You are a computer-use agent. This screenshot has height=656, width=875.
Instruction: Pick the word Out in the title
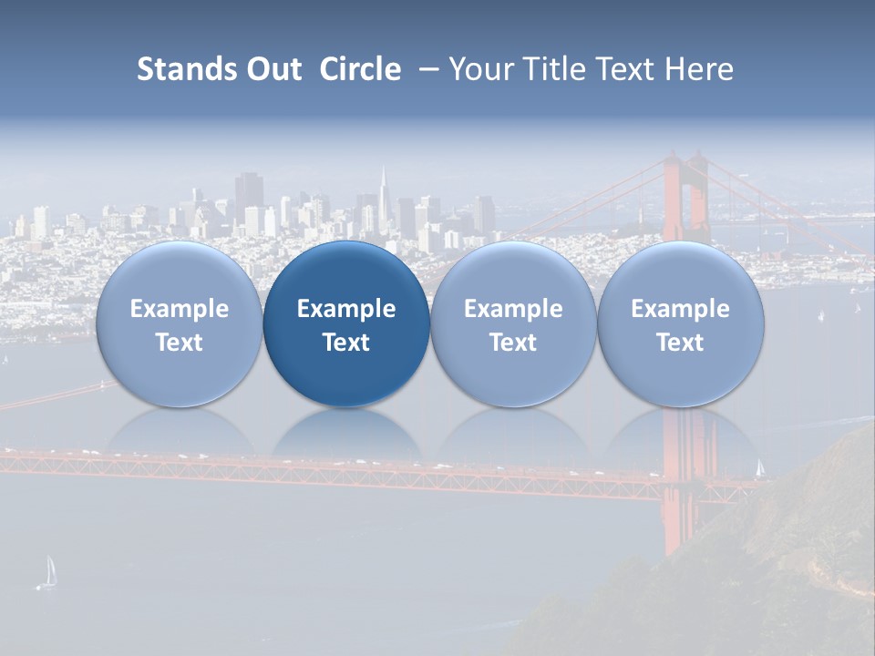(274, 69)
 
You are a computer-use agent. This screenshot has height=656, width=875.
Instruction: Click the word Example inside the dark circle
(346, 309)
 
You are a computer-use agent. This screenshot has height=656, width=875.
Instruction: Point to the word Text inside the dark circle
(346, 343)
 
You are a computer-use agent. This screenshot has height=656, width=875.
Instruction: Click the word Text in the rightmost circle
(680, 343)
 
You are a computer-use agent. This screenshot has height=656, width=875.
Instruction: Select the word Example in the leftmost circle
(179, 309)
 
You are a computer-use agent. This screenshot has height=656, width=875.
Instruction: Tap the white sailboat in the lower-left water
(49, 572)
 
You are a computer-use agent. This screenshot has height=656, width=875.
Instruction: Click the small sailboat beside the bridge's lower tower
(759, 467)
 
